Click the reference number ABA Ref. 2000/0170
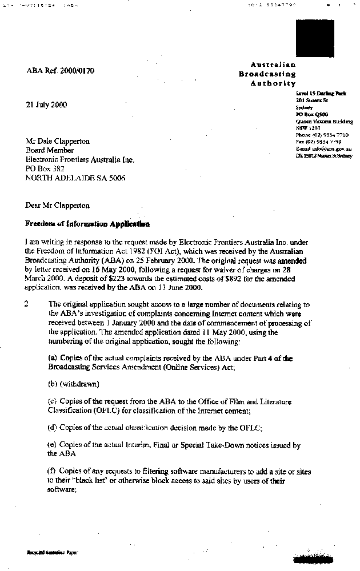(61, 71)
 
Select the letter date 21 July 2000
(46, 105)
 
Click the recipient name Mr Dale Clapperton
(58, 142)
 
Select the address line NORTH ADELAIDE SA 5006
(75, 178)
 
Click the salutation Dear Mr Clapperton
(58, 206)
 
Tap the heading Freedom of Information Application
(87, 224)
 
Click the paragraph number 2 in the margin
(26, 304)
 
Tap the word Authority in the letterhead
(273, 83)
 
